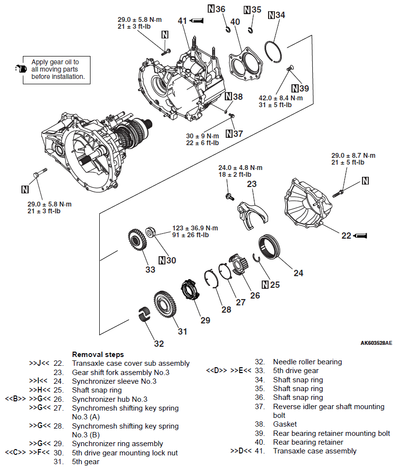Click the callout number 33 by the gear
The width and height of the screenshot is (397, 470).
click(x=150, y=269)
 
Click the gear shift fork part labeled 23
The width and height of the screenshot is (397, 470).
click(x=253, y=214)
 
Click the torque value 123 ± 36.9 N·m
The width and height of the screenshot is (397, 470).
click(x=195, y=228)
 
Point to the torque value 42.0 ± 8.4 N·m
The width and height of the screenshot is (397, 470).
click(x=281, y=97)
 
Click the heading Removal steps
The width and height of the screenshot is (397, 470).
click(x=98, y=355)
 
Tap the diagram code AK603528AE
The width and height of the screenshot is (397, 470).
click(x=376, y=343)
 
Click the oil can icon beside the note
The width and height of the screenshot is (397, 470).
click(x=19, y=69)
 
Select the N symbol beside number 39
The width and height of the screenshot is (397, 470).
click(x=295, y=88)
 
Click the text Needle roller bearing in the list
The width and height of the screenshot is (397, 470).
click(x=307, y=362)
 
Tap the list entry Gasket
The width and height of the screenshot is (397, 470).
click(x=285, y=424)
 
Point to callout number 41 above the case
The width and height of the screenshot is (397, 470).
click(x=182, y=21)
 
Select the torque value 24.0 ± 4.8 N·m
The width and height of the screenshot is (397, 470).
click(x=240, y=168)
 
